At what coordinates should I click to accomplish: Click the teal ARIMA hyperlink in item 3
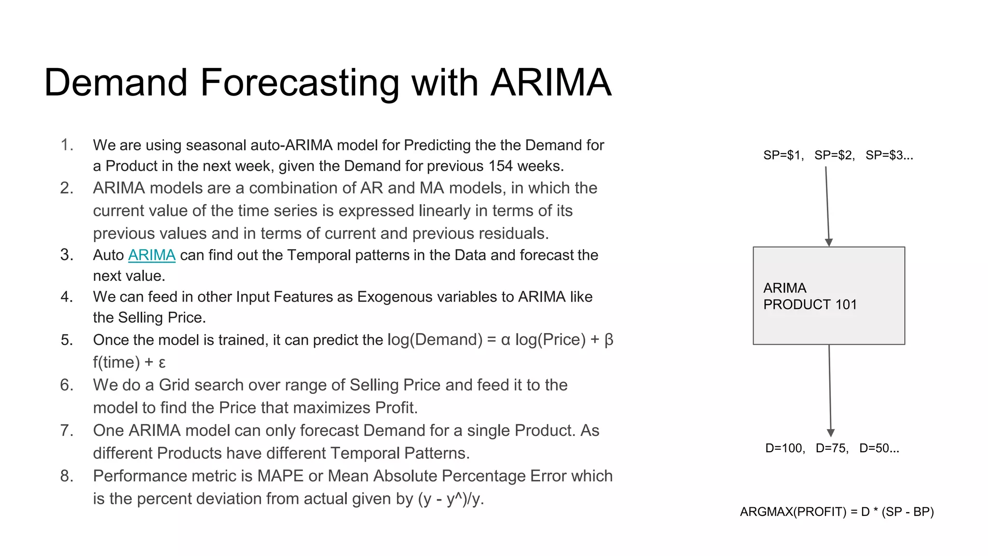point(151,255)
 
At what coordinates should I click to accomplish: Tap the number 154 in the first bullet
point(500,166)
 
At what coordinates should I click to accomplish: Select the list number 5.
point(67,340)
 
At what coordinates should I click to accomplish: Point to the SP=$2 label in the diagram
point(834,155)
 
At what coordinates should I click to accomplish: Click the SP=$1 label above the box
point(783,155)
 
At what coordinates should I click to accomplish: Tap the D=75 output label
point(832,448)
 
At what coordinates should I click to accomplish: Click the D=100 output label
point(785,448)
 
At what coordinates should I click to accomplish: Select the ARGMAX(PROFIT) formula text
point(837,512)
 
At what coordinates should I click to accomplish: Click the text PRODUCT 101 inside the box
point(810,305)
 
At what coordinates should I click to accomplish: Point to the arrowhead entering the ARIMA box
point(829,242)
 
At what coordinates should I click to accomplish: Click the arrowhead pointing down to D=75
point(831,433)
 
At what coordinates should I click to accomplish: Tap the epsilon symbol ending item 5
point(162,363)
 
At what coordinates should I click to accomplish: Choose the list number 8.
point(67,476)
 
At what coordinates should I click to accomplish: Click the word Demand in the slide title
point(116,83)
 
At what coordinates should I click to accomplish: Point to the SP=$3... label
point(889,155)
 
